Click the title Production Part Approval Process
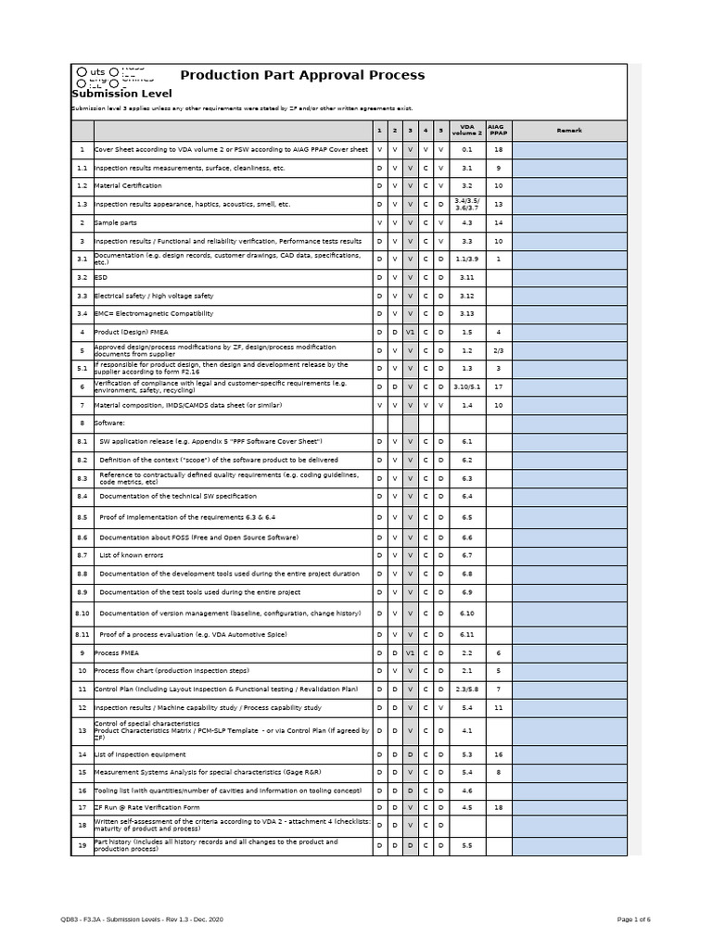(x=302, y=75)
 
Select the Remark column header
(x=569, y=131)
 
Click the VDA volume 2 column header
(x=467, y=131)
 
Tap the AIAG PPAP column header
(x=498, y=131)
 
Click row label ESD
(x=102, y=277)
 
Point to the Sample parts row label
(x=116, y=222)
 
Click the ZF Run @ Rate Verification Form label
(x=147, y=807)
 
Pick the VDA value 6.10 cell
(x=467, y=613)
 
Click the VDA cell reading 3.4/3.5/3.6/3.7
(x=467, y=204)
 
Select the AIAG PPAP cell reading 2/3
(x=498, y=350)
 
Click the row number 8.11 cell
(x=82, y=634)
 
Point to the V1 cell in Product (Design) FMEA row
(x=410, y=332)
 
